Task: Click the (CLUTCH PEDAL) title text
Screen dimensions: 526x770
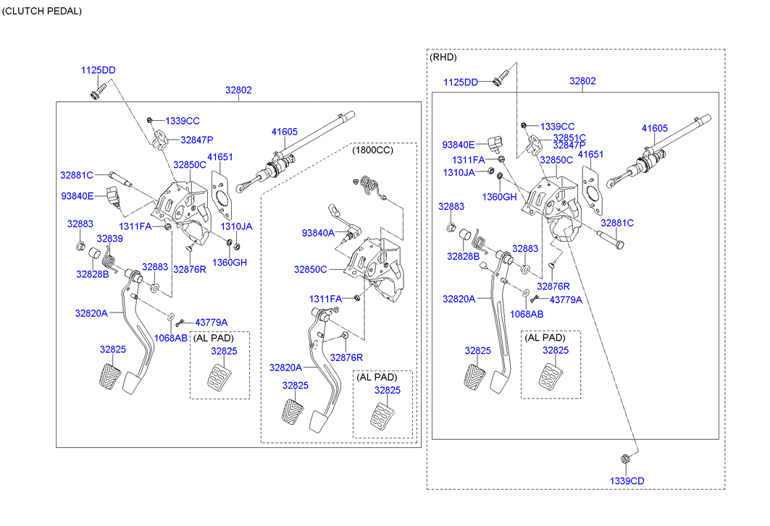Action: click(x=42, y=11)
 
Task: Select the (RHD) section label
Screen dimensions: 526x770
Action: click(x=443, y=56)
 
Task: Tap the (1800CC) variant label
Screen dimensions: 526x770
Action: click(x=373, y=150)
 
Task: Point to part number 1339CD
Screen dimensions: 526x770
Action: click(x=626, y=481)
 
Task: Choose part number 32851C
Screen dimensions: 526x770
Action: click(x=569, y=137)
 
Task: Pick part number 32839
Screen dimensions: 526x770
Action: click(x=109, y=238)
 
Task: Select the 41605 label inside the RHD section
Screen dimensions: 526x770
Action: click(x=654, y=128)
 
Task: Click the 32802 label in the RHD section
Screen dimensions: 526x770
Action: click(x=582, y=81)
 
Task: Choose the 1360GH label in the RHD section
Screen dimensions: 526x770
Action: click(x=501, y=197)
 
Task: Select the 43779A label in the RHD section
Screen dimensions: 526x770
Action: click(x=566, y=300)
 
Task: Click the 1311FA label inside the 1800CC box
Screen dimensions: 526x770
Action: click(x=325, y=299)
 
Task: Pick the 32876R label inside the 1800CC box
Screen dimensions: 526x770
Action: click(x=346, y=357)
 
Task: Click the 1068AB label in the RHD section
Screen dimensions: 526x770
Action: click(x=526, y=314)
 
